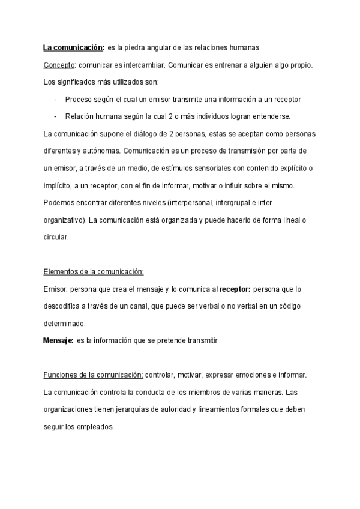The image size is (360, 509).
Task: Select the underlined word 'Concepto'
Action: tap(58, 65)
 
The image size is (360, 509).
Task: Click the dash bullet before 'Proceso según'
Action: tap(55, 99)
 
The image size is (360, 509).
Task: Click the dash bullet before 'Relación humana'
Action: tap(55, 116)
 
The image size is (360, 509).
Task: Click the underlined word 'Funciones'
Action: tap(60, 375)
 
